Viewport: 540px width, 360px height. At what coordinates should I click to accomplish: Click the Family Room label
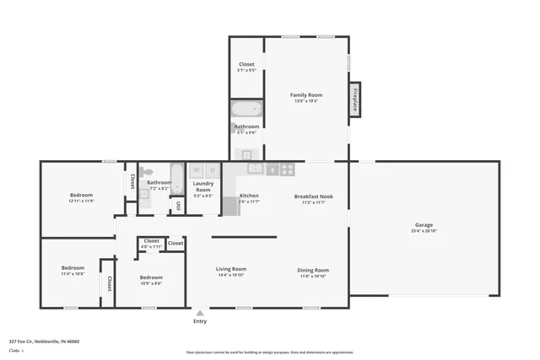click(306, 95)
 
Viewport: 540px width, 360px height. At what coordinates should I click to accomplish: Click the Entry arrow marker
click(200, 312)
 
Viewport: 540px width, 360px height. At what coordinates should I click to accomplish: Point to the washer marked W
click(195, 169)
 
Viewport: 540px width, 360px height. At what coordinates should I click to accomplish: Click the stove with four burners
click(287, 169)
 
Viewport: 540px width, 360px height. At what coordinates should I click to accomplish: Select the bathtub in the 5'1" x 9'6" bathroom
click(247, 109)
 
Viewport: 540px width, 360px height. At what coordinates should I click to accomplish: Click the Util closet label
click(179, 205)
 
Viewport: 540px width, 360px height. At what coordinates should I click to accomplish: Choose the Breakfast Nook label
click(313, 196)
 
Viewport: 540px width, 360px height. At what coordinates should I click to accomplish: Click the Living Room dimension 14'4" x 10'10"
click(230, 275)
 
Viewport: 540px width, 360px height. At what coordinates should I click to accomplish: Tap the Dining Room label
click(313, 270)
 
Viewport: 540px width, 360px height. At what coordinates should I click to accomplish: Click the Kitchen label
click(249, 196)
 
